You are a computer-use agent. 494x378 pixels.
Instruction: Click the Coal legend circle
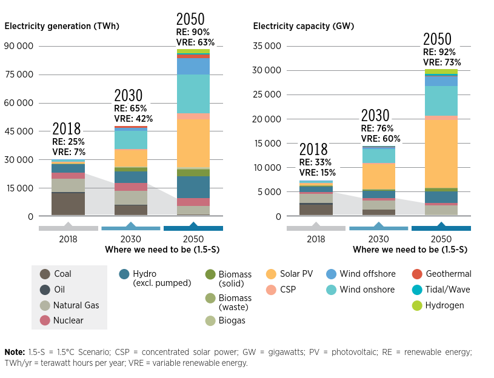pyautogui.click(x=44, y=274)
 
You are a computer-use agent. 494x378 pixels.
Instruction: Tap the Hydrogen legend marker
pyautogui.click(x=417, y=306)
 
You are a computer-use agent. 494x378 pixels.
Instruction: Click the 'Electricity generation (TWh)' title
pyautogui.click(x=62, y=26)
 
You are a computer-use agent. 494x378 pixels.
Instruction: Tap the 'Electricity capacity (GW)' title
pyautogui.click(x=303, y=26)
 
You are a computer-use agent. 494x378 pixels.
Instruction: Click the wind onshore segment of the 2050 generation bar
pyautogui.click(x=193, y=94)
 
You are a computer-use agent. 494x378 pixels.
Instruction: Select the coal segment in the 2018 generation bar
pyautogui.click(x=68, y=204)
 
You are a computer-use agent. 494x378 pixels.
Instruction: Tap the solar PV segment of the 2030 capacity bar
pyautogui.click(x=378, y=176)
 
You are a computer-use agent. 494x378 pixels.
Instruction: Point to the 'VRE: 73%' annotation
pyautogui.click(x=442, y=62)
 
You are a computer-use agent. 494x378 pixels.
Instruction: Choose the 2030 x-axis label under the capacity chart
pyautogui.click(x=378, y=239)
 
